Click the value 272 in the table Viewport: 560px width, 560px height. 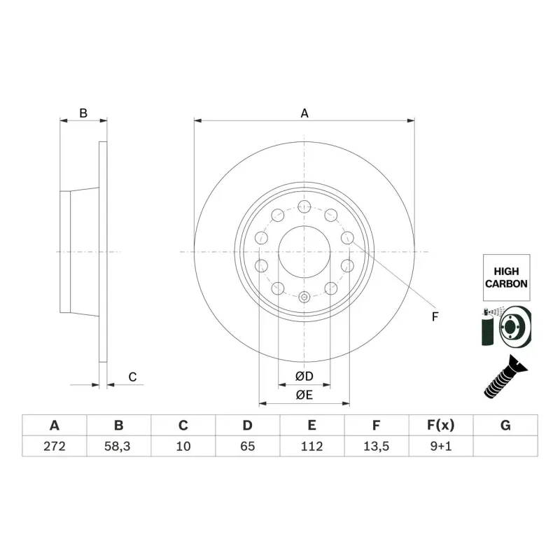(x=54, y=446)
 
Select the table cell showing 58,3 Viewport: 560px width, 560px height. (x=118, y=446)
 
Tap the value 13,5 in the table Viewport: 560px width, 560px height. (x=376, y=446)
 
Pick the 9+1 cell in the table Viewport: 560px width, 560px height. (x=440, y=446)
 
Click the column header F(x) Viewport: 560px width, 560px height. (x=440, y=426)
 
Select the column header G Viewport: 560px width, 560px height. (x=505, y=426)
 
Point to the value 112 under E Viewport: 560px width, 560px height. (x=311, y=446)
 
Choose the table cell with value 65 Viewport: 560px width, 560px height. (x=247, y=446)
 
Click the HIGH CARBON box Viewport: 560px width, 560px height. (x=505, y=278)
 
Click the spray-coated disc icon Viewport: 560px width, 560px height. (x=505, y=326)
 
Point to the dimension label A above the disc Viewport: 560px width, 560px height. (x=304, y=113)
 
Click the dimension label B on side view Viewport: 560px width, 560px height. (x=83, y=113)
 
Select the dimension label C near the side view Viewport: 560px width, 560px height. (x=132, y=377)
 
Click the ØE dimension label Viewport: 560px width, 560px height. (x=304, y=395)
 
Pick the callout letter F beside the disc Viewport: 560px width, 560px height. (x=434, y=316)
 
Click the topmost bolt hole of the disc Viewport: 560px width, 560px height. (x=304, y=206)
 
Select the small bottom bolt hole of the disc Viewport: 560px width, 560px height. (x=304, y=297)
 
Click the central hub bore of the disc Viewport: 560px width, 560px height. (x=304, y=251)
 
